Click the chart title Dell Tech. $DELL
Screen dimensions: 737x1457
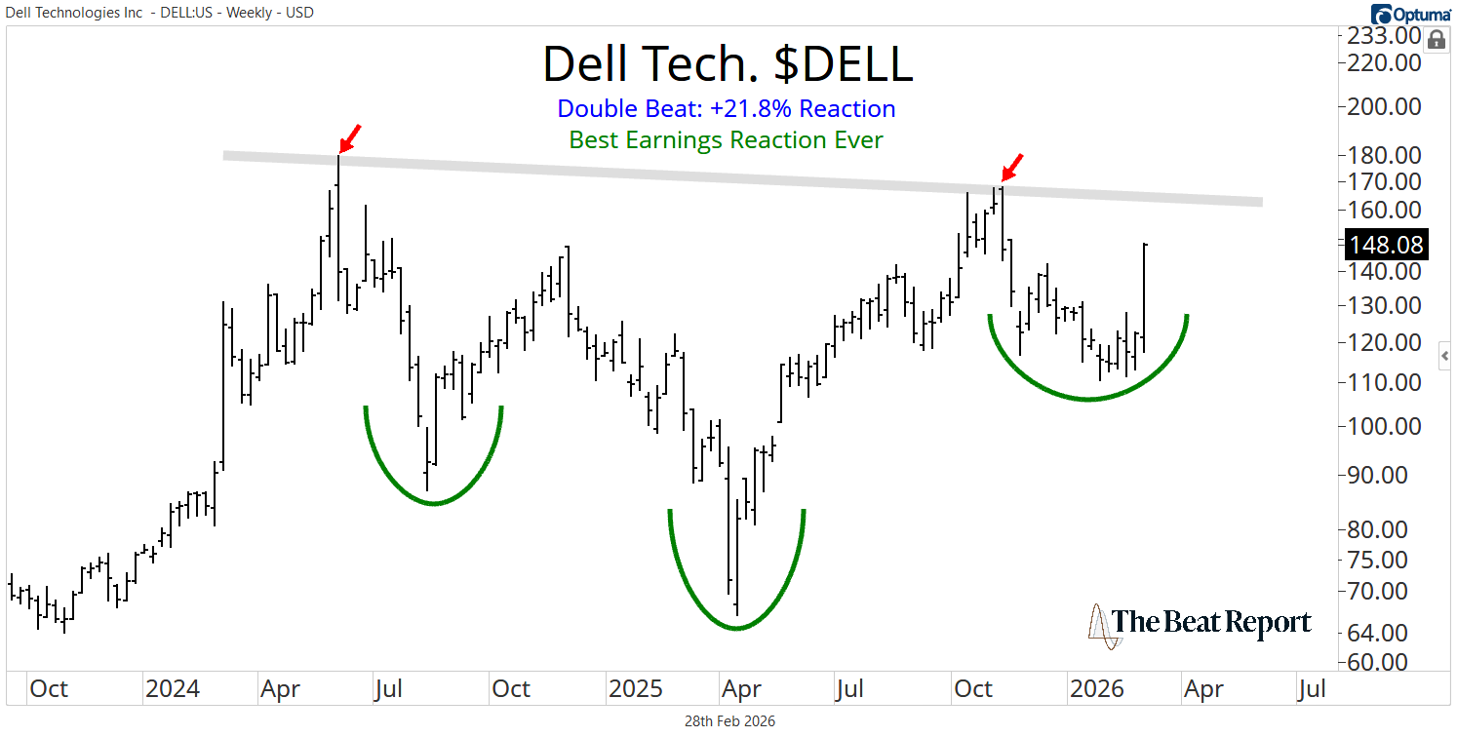(728, 63)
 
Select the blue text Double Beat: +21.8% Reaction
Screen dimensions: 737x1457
(728, 108)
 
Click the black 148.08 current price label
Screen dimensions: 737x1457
(1385, 244)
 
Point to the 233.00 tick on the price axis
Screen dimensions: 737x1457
(1384, 36)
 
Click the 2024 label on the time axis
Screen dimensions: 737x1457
(172, 689)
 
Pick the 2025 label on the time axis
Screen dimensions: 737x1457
(636, 689)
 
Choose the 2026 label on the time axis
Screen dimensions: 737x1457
(1098, 689)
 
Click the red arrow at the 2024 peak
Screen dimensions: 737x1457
(350, 137)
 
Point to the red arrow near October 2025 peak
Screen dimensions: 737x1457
(1013, 167)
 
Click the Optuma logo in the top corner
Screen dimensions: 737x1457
(1408, 14)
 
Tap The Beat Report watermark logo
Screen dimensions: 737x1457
(1200, 624)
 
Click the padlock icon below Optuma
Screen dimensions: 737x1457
(1437, 40)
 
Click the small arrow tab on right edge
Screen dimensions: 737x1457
(1447, 358)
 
